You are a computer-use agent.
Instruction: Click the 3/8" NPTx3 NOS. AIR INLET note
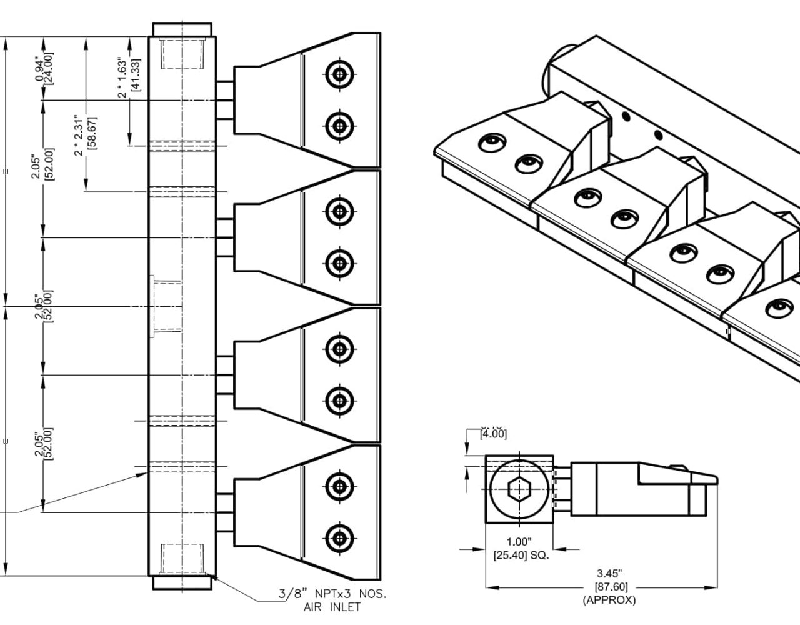(x=332, y=599)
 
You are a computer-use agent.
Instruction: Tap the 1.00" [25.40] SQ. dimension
(x=521, y=548)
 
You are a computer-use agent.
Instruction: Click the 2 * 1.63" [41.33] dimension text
(x=129, y=76)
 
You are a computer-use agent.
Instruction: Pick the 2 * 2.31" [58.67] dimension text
(x=85, y=134)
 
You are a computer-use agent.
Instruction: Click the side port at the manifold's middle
(x=165, y=306)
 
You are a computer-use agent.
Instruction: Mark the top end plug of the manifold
(x=182, y=30)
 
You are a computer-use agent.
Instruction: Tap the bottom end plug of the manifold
(x=182, y=582)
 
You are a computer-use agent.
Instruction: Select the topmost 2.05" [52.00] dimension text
(x=44, y=167)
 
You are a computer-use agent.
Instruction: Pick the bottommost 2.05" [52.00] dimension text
(x=44, y=443)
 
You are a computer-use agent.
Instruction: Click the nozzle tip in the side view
(x=706, y=481)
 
